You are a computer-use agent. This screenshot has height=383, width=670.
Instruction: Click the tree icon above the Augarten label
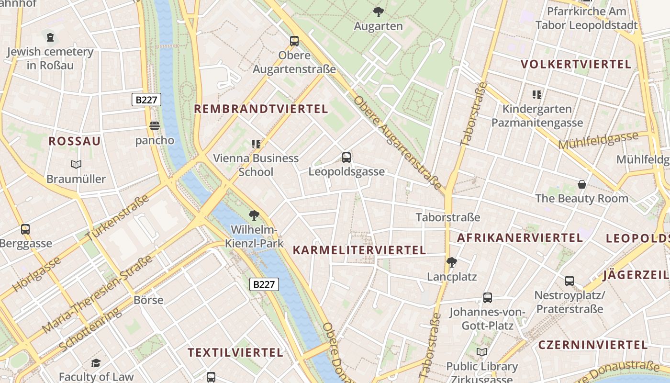pos(378,11)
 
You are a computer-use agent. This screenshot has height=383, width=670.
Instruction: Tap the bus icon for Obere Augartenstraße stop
pos(294,41)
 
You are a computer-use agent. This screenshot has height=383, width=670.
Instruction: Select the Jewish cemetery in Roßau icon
pos(50,37)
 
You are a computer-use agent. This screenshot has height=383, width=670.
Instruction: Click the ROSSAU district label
pos(75,141)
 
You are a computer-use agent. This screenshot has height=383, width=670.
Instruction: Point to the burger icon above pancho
pos(154,126)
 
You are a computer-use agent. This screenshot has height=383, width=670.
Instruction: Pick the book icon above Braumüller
pos(76,165)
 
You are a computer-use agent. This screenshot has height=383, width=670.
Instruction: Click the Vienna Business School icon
pos(256,144)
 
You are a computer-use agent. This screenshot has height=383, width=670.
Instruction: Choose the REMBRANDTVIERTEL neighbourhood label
pos(261,109)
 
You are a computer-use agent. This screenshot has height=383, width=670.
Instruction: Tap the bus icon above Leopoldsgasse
pos(346,157)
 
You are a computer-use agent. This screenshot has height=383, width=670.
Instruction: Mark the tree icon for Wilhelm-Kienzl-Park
pos(254,215)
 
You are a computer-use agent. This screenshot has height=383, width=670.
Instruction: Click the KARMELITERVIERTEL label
pos(359,250)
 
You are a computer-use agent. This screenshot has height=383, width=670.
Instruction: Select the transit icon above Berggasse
pos(25,229)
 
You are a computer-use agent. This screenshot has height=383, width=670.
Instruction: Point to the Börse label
pos(148,301)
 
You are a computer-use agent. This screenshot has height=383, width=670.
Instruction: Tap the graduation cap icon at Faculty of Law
pos(96,363)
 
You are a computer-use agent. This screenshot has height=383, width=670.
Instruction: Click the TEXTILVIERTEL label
pos(235,353)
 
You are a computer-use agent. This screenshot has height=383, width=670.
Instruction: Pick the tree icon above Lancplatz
pos(451,262)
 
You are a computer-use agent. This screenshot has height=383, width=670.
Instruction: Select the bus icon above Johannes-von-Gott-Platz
pos(487,298)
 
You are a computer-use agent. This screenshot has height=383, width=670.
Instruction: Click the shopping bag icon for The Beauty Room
pos(582,184)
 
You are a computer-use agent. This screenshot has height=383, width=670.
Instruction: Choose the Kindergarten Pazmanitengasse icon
pos(537,95)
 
